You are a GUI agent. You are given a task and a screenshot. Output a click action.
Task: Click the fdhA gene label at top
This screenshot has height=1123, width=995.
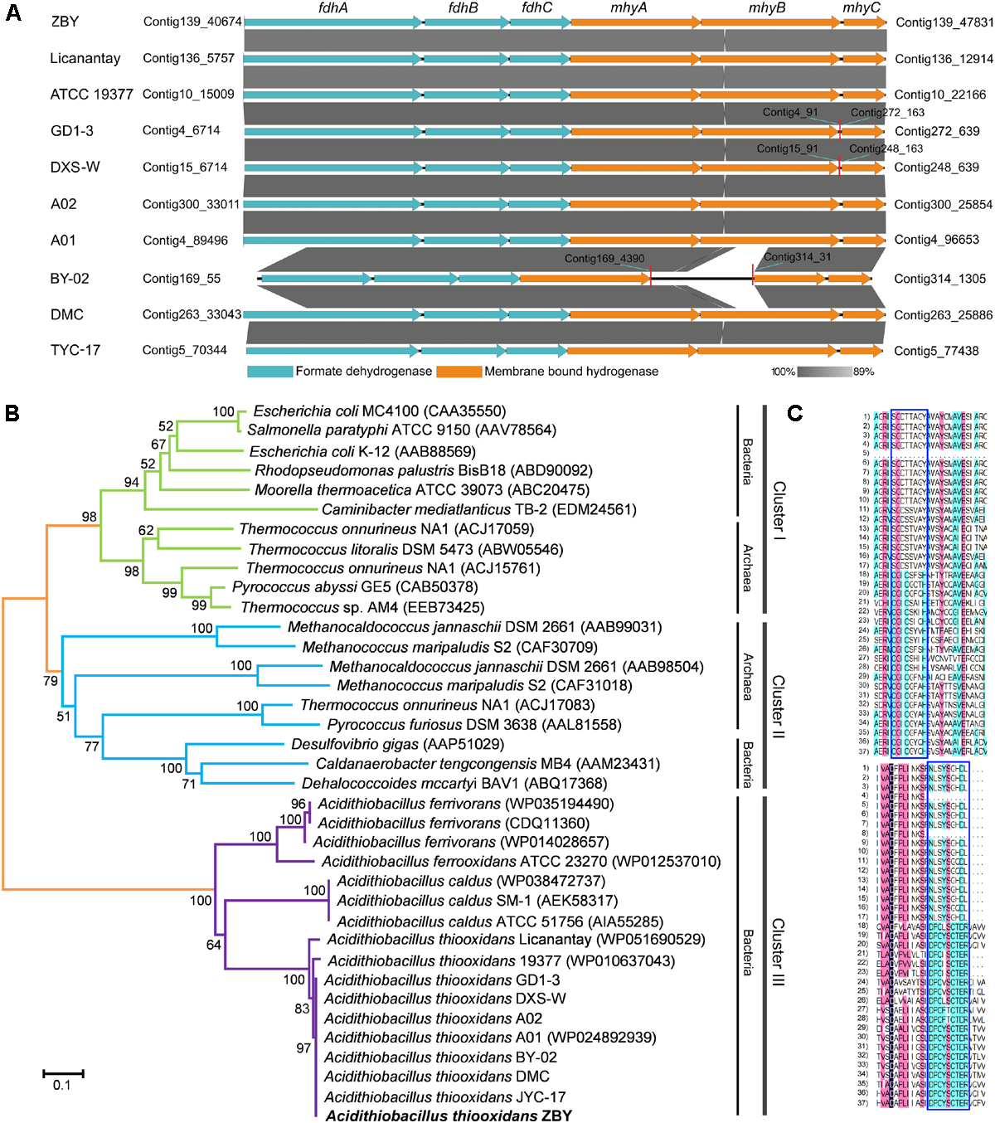[x=333, y=7]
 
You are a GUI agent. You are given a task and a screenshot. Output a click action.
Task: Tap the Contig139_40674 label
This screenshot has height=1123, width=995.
[x=192, y=22]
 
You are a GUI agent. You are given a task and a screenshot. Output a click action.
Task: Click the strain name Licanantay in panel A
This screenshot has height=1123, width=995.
[x=85, y=59]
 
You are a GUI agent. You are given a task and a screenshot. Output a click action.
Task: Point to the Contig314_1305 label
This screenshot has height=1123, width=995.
[x=940, y=279]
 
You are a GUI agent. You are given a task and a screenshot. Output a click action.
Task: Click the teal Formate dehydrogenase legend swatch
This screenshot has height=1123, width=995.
[x=269, y=372]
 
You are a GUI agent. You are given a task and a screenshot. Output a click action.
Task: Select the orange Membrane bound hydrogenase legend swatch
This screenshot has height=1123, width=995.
[x=459, y=372]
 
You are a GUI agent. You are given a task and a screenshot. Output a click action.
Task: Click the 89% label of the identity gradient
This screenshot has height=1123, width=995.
[x=863, y=372]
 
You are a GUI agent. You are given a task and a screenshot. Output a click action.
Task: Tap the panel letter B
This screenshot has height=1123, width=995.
[x=12, y=413]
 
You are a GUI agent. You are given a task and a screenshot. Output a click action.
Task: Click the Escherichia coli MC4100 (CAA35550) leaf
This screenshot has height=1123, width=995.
[x=379, y=411]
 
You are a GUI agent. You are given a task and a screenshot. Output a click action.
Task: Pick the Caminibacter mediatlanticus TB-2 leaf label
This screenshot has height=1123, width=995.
[x=478, y=509]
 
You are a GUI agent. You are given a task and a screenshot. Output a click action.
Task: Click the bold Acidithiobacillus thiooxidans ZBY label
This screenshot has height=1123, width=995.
[x=449, y=1116]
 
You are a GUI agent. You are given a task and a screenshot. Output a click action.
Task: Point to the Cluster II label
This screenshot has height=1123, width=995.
[x=779, y=706]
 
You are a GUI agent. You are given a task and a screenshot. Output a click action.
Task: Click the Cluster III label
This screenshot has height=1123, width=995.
[x=779, y=951]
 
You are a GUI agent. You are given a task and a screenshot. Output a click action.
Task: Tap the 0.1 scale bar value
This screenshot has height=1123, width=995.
[x=62, y=1086]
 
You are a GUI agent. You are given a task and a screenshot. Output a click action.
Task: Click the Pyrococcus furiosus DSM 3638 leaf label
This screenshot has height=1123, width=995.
[x=473, y=725]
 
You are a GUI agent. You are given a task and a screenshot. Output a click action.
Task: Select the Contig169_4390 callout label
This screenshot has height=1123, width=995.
[x=604, y=259]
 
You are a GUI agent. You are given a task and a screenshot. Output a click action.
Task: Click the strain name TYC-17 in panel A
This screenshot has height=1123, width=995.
[x=75, y=350]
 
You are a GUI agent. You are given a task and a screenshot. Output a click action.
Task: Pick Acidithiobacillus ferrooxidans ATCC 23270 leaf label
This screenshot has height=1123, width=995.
[x=521, y=862]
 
